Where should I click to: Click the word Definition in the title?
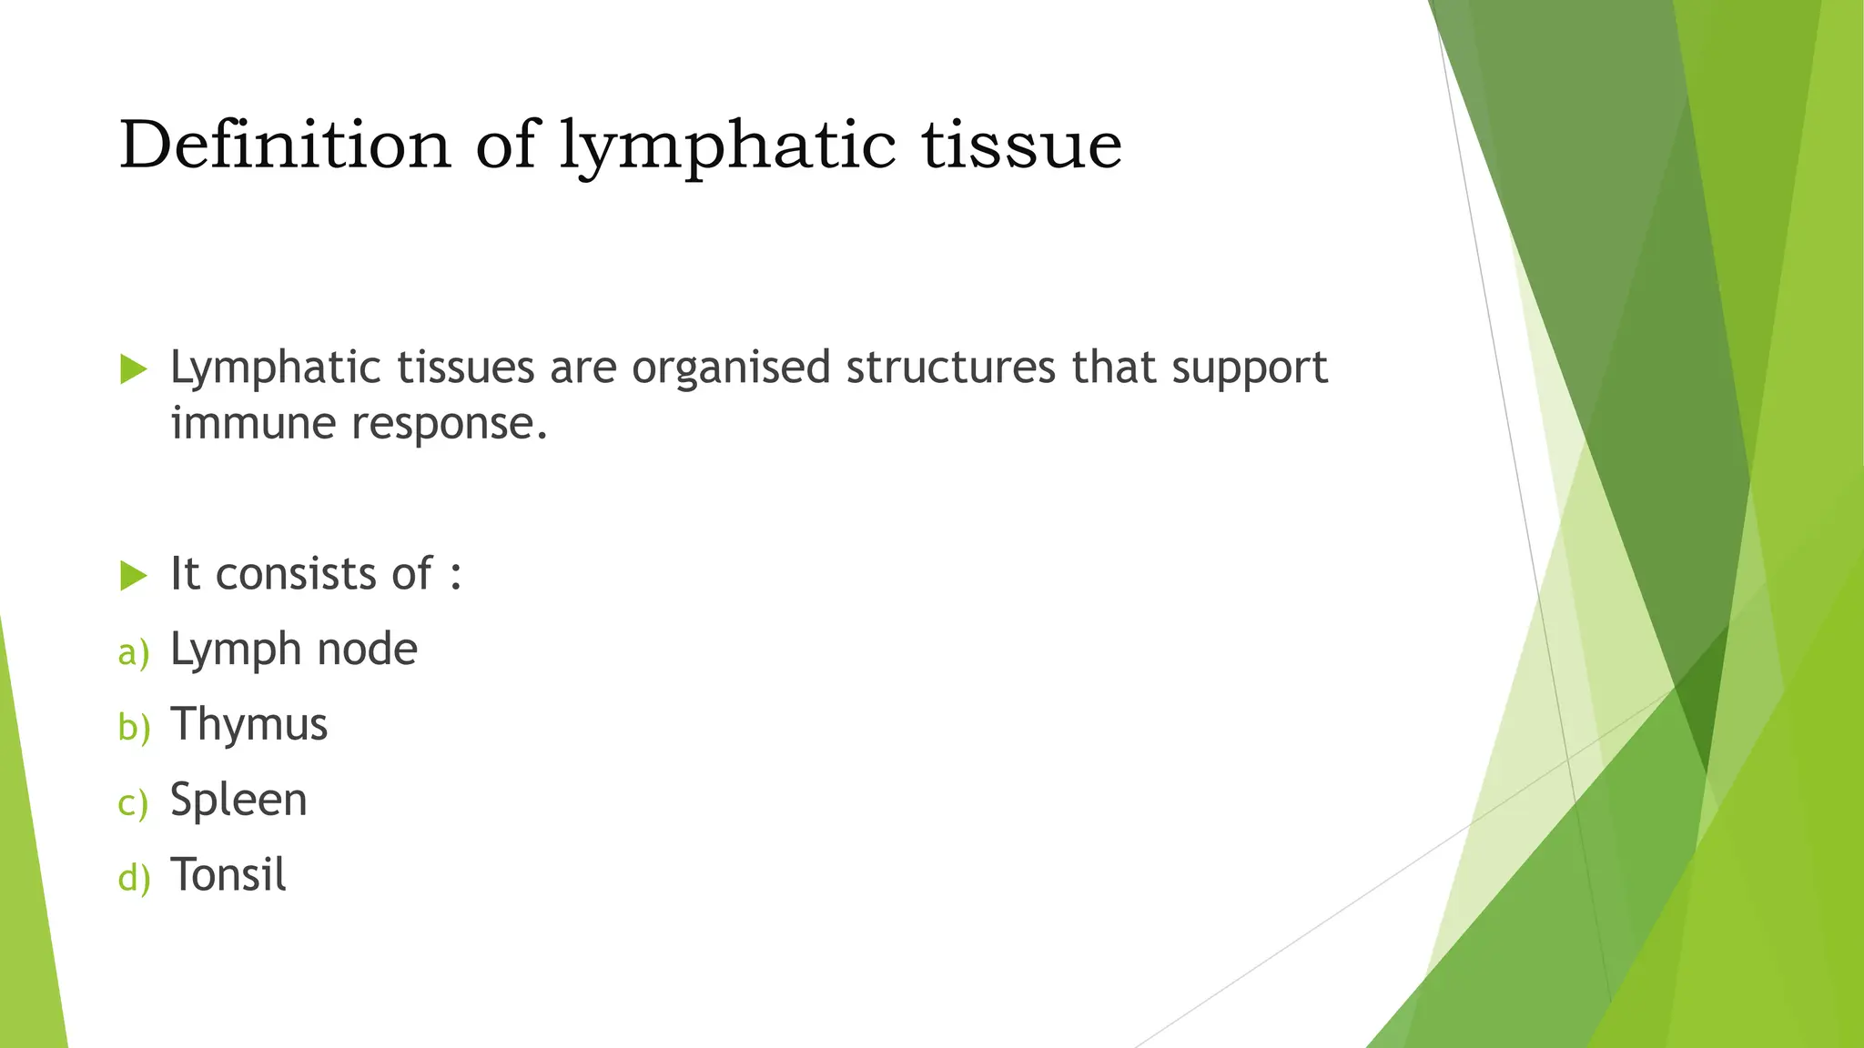click(285, 146)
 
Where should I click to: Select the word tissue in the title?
click(1021, 146)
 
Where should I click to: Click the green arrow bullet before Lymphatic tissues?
click(133, 369)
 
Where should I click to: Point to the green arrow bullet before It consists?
click(133, 575)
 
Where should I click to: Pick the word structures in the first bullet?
click(951, 368)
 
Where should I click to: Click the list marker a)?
click(134, 652)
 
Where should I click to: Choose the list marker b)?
click(134, 727)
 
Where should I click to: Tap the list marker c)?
click(133, 803)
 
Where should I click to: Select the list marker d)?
click(134, 878)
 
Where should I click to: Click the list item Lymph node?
click(293, 650)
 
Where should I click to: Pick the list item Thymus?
click(248, 726)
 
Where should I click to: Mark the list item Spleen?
click(238, 801)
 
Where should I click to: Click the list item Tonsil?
click(228, 875)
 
